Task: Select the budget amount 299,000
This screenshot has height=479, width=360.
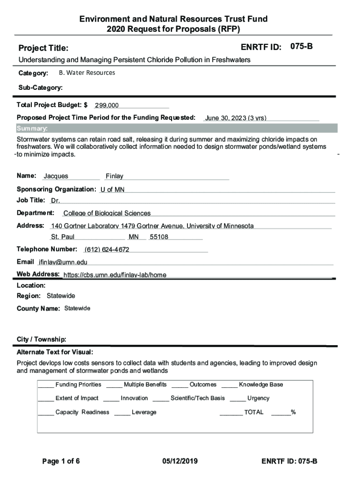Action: tap(107, 105)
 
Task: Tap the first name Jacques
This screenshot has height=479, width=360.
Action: tap(56, 176)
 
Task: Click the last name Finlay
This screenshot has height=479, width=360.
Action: tap(115, 176)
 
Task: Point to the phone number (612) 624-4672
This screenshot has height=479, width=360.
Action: tap(107, 249)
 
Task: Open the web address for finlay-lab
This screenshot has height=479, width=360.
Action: tap(115, 275)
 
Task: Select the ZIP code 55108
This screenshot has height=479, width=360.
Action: tap(159, 237)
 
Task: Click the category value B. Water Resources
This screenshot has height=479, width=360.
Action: tap(87, 73)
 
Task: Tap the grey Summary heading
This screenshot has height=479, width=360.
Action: tap(32, 129)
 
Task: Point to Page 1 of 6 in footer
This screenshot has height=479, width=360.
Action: tap(61, 461)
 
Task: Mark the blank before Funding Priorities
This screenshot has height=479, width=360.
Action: tap(46, 385)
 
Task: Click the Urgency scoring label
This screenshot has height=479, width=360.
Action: tap(258, 399)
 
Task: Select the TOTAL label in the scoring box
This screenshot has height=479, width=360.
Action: tap(254, 413)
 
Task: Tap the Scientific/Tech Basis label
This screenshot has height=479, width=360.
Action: tap(197, 399)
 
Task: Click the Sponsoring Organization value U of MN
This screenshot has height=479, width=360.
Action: tap(112, 189)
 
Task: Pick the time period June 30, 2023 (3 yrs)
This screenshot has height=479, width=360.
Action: tap(236, 118)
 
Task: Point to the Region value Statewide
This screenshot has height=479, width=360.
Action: tap(61, 296)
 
